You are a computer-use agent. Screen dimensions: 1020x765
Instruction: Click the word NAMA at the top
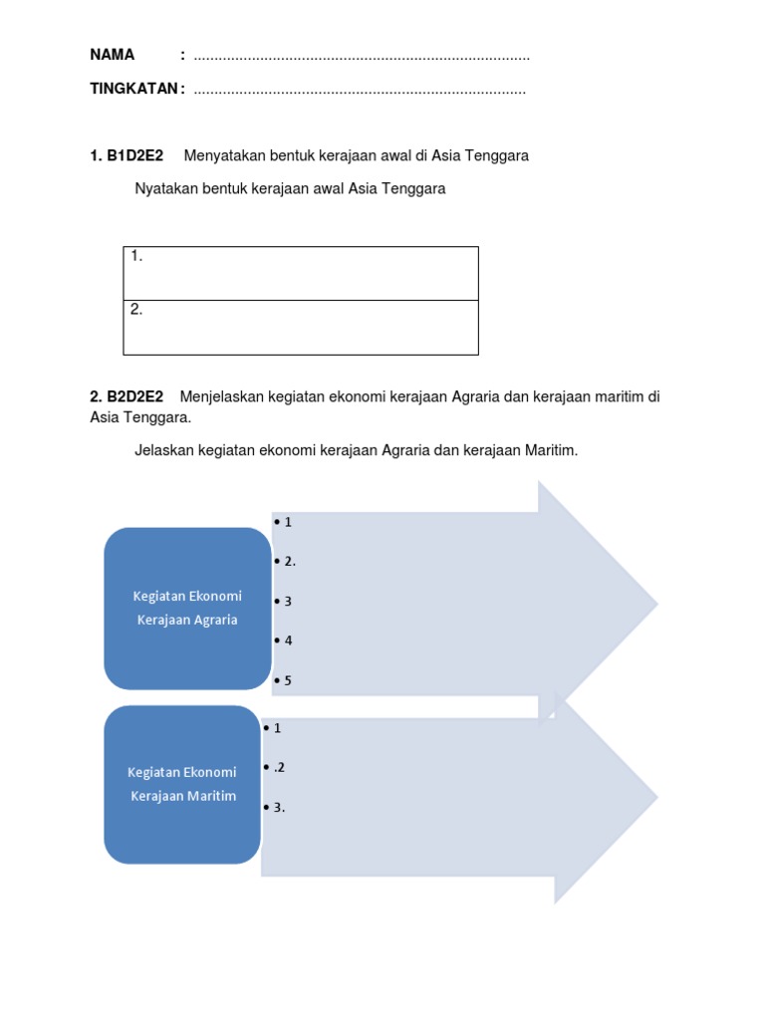pyautogui.click(x=112, y=55)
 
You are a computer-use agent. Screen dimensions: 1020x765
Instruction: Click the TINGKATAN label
pyautogui.click(x=135, y=90)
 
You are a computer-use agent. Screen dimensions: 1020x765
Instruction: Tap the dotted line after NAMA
pyautogui.click(x=361, y=57)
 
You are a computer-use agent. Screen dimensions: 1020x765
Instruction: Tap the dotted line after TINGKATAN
pyautogui.click(x=359, y=92)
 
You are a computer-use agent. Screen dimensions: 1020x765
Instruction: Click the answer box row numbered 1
pyautogui.click(x=301, y=273)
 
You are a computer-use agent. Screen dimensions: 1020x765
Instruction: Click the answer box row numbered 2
pyautogui.click(x=301, y=327)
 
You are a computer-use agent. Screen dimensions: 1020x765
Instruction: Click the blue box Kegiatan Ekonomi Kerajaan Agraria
pyautogui.click(x=187, y=608)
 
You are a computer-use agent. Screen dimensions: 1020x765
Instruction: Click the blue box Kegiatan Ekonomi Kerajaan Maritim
pyautogui.click(x=182, y=784)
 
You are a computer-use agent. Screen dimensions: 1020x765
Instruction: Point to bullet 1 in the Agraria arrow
pyautogui.click(x=284, y=522)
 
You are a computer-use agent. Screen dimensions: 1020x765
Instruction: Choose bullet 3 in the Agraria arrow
pyautogui.click(x=284, y=602)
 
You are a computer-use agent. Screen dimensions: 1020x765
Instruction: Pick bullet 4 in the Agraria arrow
pyautogui.click(x=284, y=640)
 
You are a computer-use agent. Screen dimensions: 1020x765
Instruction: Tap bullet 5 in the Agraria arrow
pyautogui.click(x=284, y=681)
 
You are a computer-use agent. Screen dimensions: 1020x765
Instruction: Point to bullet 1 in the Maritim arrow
pyautogui.click(x=273, y=728)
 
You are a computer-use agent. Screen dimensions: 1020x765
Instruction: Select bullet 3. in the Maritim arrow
pyautogui.click(x=275, y=808)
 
